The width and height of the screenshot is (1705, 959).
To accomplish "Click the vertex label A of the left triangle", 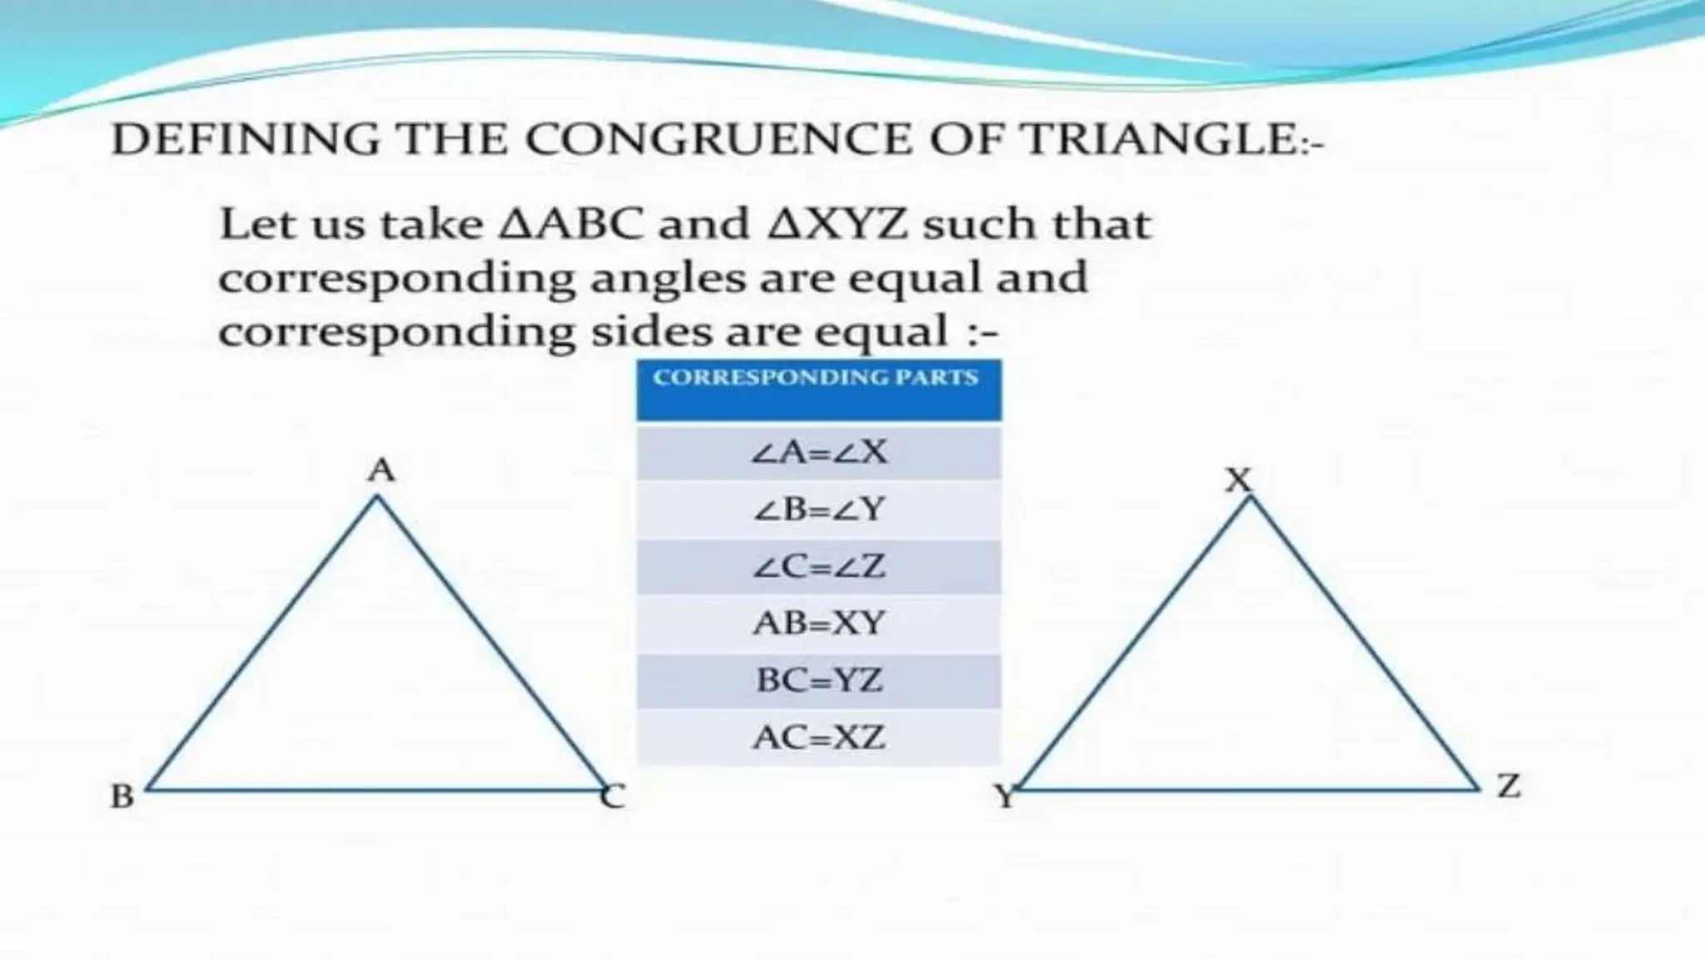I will pyautogui.click(x=381, y=471).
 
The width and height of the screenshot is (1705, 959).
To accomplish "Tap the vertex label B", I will pyautogui.click(x=122, y=797).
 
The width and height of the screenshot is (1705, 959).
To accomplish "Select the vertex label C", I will pyautogui.click(x=614, y=798).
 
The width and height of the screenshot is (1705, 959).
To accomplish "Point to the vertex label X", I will pyautogui.click(x=1239, y=480).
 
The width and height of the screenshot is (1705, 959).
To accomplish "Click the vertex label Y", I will pyautogui.click(x=1006, y=798).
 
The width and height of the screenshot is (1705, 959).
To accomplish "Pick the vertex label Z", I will pyautogui.click(x=1509, y=786).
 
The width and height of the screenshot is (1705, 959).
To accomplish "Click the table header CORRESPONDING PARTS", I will pyautogui.click(x=815, y=378).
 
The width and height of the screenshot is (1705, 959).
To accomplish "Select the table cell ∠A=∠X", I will pyautogui.click(x=819, y=452).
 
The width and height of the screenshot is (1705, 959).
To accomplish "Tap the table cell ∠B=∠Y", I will pyautogui.click(x=819, y=509).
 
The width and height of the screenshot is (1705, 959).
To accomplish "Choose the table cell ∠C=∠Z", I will pyautogui.click(x=819, y=567).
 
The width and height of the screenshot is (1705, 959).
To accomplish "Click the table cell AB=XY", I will pyautogui.click(x=819, y=624).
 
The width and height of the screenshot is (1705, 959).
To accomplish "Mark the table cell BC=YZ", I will pyautogui.click(x=819, y=681).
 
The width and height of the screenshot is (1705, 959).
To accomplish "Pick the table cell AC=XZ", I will pyautogui.click(x=819, y=738).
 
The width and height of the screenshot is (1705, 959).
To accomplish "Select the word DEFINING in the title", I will pyautogui.click(x=245, y=139).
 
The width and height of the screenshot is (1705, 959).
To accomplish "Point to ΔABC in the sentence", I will pyautogui.click(x=570, y=225).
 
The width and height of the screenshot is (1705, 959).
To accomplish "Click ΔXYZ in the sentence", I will pyautogui.click(x=838, y=225).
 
